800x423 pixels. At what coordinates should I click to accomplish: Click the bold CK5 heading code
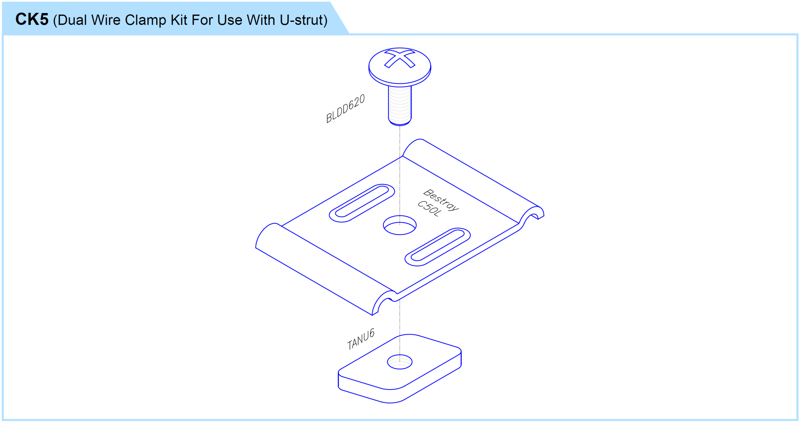(32, 19)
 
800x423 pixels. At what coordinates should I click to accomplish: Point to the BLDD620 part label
(345, 108)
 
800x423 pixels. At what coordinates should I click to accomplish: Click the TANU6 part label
(361, 339)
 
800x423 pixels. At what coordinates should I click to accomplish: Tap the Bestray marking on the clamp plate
(441, 200)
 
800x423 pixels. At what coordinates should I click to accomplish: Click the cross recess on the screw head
(400, 59)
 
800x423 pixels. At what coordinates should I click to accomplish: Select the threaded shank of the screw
(400, 106)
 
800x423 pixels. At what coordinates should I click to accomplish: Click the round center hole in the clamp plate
(400, 225)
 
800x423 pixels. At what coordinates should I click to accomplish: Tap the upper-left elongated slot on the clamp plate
(362, 203)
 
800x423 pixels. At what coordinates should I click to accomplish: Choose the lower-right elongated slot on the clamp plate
(437, 247)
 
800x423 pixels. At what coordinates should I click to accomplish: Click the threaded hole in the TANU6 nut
(400, 362)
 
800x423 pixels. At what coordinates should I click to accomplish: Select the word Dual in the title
(72, 20)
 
